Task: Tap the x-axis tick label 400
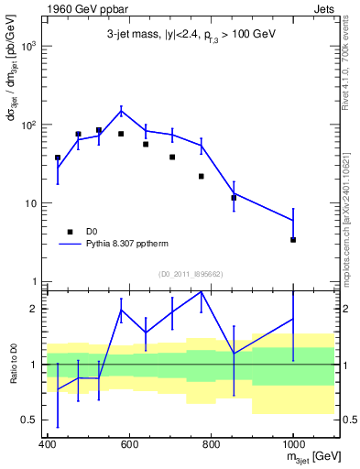(x=48, y=444)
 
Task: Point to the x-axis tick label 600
(x=129, y=444)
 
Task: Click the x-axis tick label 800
(x=211, y=444)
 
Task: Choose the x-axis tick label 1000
(x=292, y=444)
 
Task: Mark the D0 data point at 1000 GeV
(x=293, y=239)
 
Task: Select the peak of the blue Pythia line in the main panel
(x=121, y=112)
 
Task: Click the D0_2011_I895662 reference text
(x=190, y=274)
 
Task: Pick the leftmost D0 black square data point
(x=58, y=158)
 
